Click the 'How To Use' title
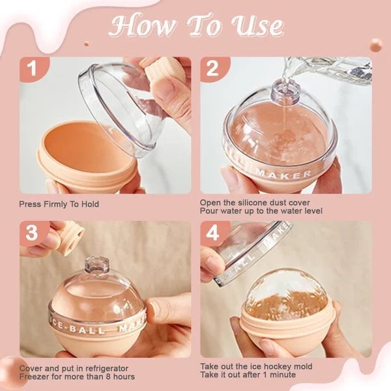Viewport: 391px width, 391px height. (x=196, y=26)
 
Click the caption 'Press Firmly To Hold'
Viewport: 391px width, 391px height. (x=59, y=204)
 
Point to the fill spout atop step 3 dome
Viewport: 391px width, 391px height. (x=96, y=266)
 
